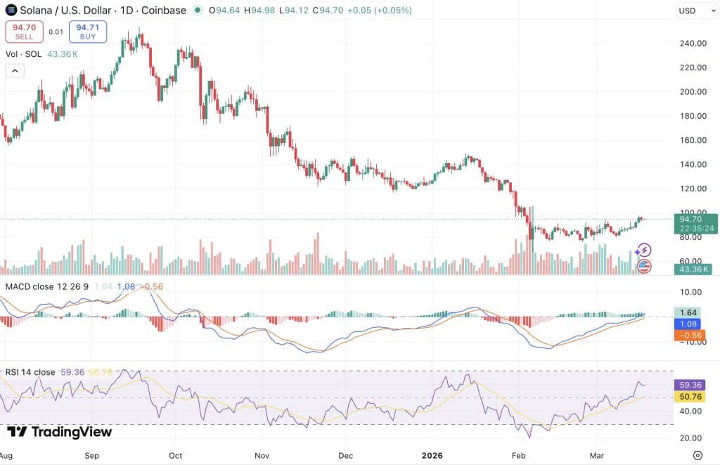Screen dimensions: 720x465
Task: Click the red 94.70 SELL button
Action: click(25, 32)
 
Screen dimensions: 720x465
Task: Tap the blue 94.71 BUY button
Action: click(88, 32)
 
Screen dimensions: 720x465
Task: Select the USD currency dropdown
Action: click(696, 11)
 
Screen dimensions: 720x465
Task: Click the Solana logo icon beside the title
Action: click(11, 10)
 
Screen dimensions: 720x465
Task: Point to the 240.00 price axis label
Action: click(693, 44)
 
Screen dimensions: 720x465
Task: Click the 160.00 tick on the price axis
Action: click(693, 140)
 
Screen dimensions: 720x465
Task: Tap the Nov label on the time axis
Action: click(262, 455)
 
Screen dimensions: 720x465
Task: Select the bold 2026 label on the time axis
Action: click(432, 455)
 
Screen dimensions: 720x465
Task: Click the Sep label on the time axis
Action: click(92, 455)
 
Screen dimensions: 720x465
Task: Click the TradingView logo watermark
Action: click(60, 432)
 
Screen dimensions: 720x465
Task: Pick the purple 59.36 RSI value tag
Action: click(690, 385)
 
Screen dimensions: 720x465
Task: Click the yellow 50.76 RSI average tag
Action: click(690, 397)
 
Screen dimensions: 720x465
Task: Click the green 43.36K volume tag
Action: click(693, 269)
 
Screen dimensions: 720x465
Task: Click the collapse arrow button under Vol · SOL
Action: click(15, 71)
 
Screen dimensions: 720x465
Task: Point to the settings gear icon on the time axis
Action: click(697, 455)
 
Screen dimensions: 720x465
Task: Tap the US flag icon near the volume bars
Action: click(644, 266)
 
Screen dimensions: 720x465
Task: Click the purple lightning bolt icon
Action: click(644, 250)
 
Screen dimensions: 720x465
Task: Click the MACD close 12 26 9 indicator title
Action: click(47, 287)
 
